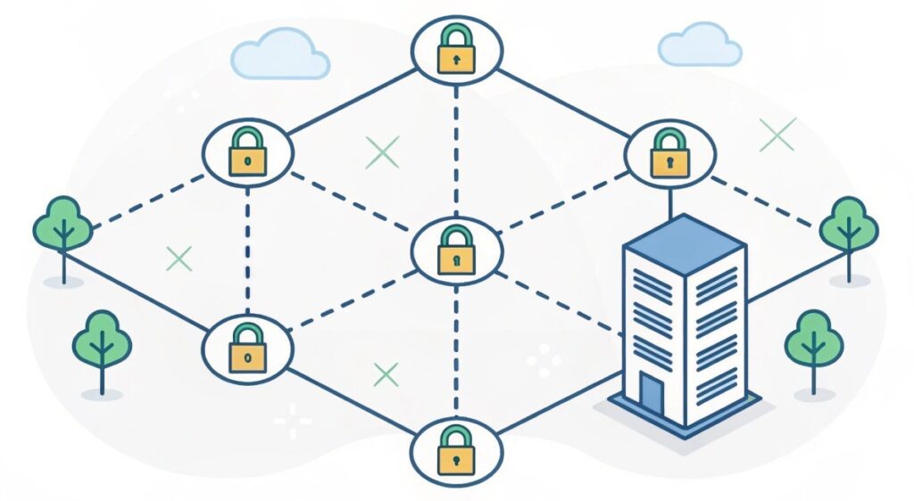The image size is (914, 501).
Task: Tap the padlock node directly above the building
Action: point(669,153)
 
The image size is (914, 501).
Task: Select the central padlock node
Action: point(456,250)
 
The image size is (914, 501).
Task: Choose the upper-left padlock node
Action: point(247,152)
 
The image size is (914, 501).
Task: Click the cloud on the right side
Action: point(700,47)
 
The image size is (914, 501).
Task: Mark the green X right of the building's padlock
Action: point(777,135)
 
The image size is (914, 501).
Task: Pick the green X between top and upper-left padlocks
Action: point(383,153)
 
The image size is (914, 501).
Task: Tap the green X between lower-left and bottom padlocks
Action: point(386,374)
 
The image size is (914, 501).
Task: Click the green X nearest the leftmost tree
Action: point(179,259)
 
